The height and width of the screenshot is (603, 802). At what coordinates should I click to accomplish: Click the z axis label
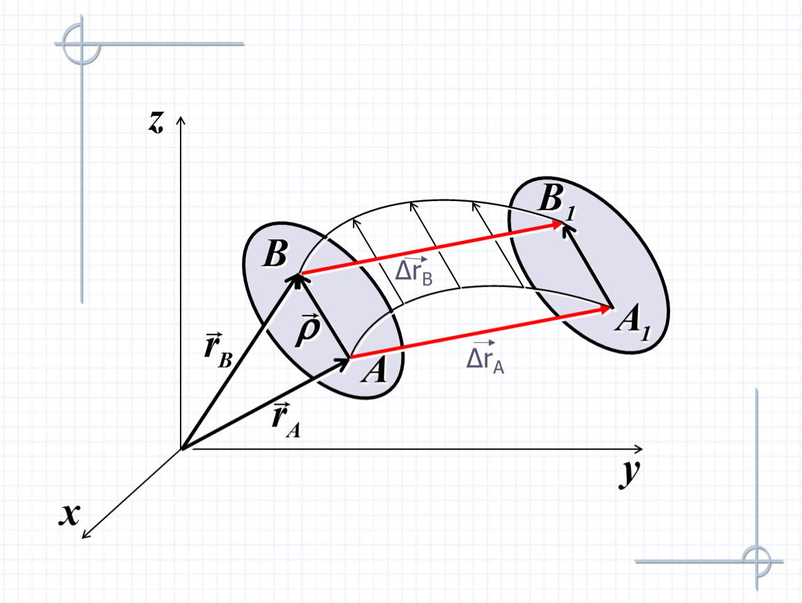[156, 122]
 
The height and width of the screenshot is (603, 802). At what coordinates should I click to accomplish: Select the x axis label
[70, 515]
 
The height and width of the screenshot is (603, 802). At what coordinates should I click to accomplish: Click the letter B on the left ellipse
[275, 253]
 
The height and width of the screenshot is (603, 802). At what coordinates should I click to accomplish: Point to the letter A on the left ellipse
[374, 370]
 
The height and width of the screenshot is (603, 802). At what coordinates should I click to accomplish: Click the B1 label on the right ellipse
[557, 201]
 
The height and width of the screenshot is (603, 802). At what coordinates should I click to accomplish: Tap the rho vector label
[308, 330]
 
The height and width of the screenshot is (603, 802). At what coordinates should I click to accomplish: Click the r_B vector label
[218, 350]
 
